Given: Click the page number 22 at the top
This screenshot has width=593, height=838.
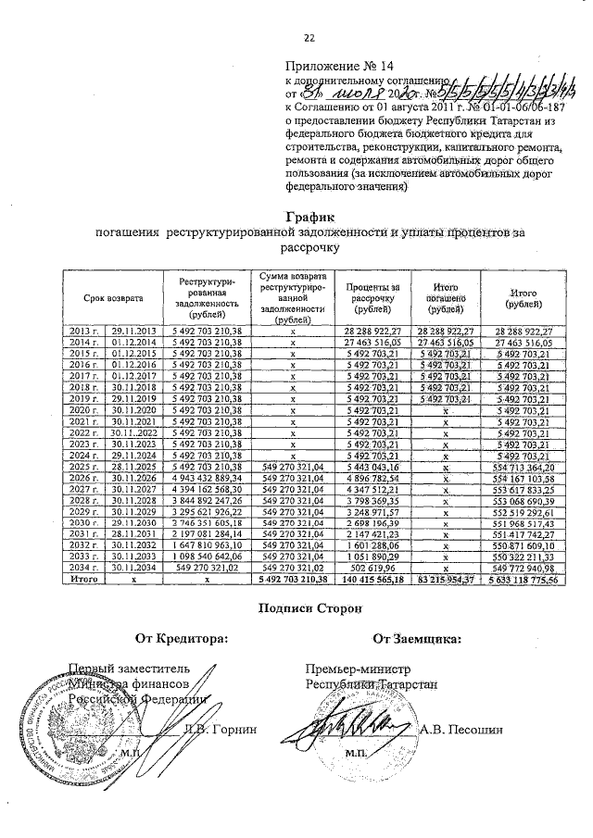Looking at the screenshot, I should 309,37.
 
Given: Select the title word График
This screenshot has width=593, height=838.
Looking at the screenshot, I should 309,216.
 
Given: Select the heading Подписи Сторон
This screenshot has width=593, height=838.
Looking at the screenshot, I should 310,607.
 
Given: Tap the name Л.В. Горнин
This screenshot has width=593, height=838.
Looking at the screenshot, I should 221,729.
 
